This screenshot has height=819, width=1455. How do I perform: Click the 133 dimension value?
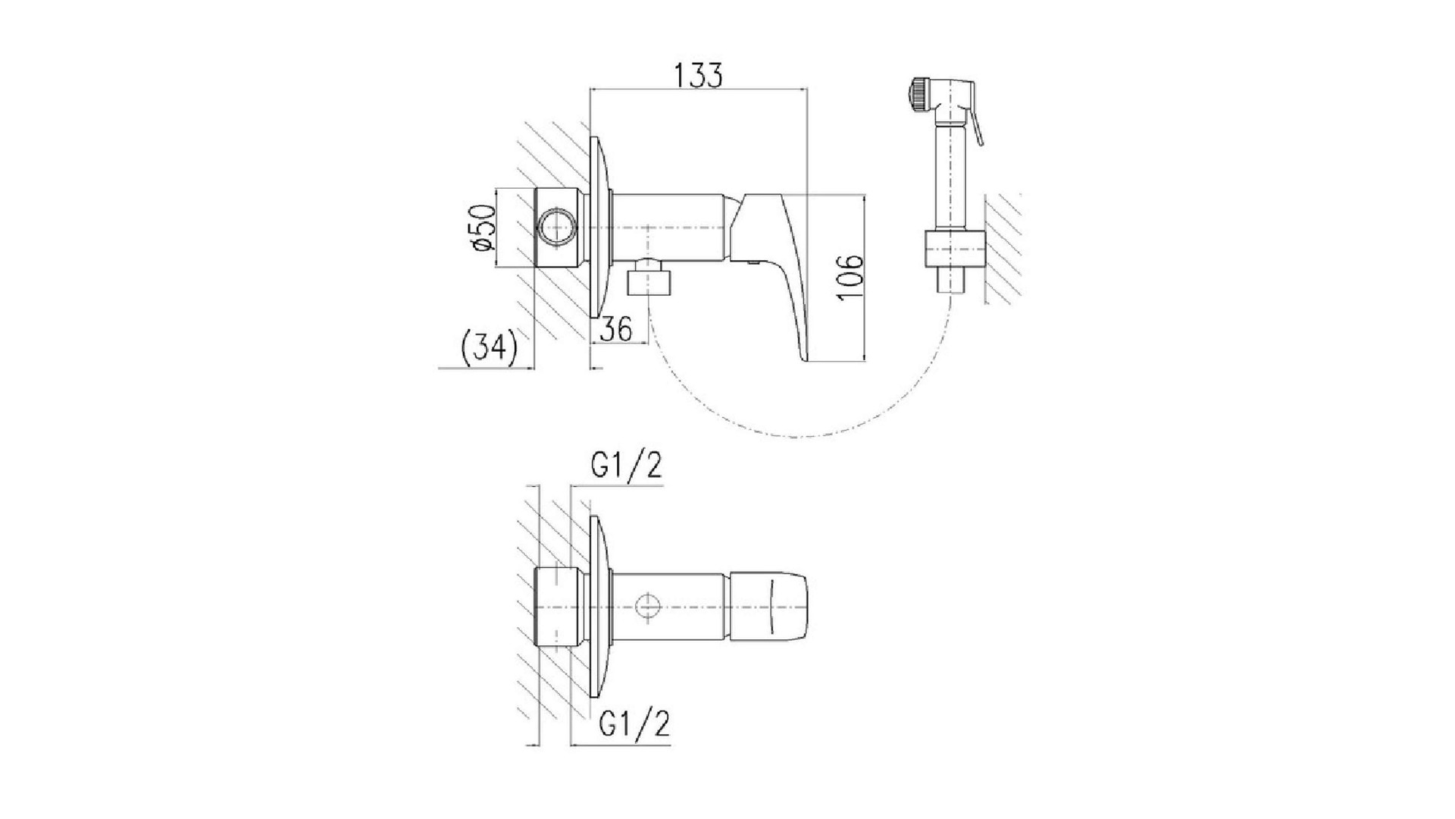point(698,75)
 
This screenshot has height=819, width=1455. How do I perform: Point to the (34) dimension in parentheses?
point(489,347)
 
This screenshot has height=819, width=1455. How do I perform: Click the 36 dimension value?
point(616,330)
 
